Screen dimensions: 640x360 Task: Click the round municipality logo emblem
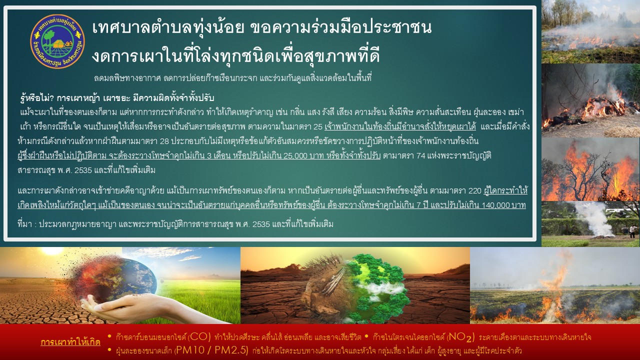click(57, 41)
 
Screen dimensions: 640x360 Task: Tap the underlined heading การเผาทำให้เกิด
click(70, 342)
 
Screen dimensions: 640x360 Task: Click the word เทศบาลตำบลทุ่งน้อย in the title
click(168, 27)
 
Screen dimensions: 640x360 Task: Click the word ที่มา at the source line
click(25, 224)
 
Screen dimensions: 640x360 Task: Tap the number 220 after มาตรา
click(475, 191)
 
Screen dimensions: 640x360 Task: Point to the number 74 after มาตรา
click(421, 155)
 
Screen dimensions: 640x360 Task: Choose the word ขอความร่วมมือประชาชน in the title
click(341, 27)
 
